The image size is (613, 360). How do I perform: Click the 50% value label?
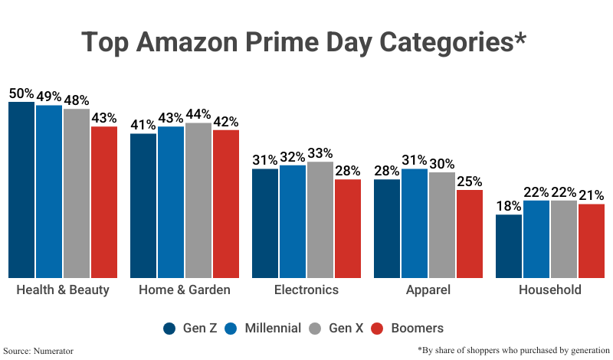tap(21, 93)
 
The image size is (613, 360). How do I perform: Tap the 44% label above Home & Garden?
tap(198, 114)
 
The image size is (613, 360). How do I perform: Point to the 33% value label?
tap(320, 153)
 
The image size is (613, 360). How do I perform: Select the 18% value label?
tap(509, 206)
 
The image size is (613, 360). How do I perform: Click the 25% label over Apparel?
tap(469, 182)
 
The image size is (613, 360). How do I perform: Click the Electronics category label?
tap(306, 290)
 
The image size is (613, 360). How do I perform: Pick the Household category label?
tap(550, 290)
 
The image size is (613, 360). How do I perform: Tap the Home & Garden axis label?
tap(185, 290)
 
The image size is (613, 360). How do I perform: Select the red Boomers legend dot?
tap(376, 329)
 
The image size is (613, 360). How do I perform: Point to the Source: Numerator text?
tap(42, 350)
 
